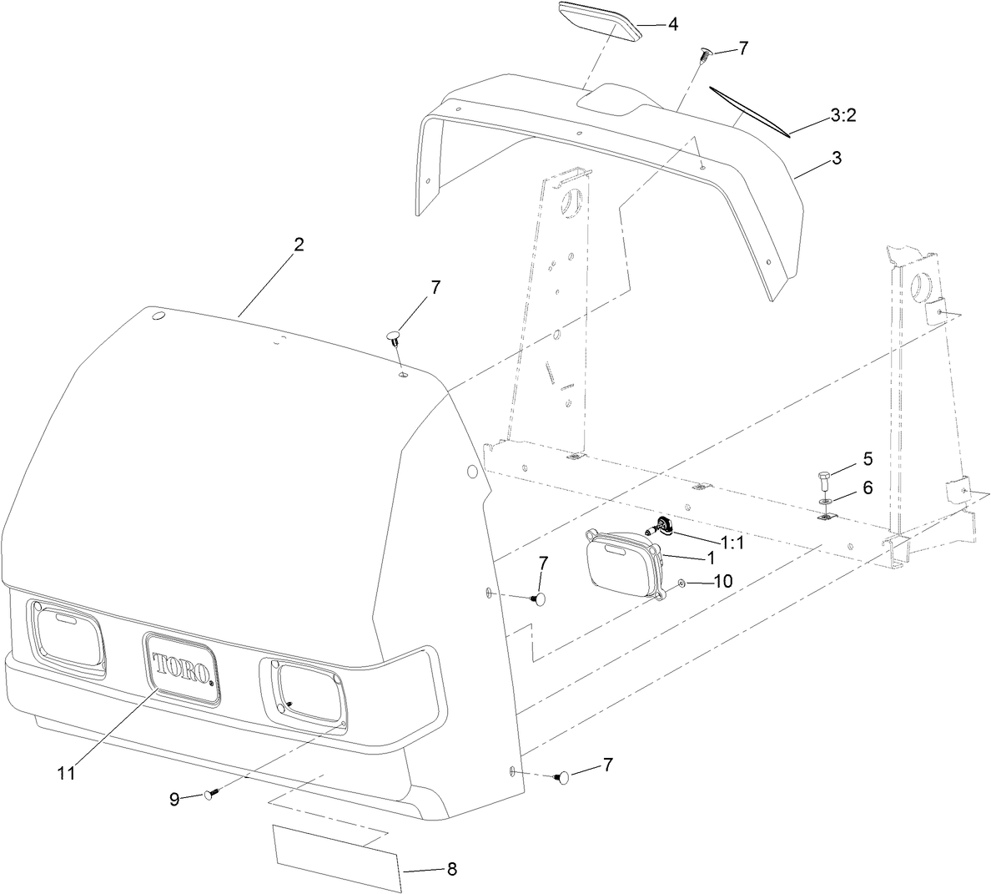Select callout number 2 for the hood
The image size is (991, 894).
[299, 245]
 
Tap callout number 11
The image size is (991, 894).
[66, 773]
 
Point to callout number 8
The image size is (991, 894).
[451, 869]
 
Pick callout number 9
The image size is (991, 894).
[174, 799]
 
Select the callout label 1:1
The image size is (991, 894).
[732, 543]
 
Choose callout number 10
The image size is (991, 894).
[722, 581]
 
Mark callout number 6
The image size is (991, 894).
[868, 487]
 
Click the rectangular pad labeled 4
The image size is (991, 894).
[599, 18]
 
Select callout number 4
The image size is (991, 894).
[672, 24]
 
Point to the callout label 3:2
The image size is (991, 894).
[843, 115]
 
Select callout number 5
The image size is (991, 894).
[868, 458]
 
